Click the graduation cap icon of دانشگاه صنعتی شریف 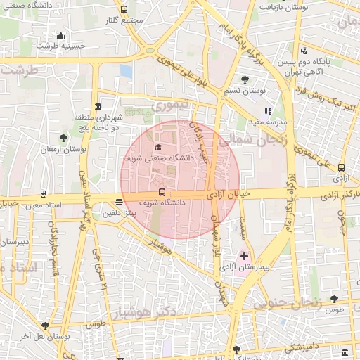[158, 147]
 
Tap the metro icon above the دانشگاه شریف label [162, 191]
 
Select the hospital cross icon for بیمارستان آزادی [244, 257]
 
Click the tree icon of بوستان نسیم [244, 79]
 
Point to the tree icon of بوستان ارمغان [65, 138]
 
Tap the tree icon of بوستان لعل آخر [46, 326]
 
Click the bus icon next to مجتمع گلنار [124, 9]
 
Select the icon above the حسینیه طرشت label [60, 34]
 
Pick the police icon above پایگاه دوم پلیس [304, 51]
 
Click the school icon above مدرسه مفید [267, 110]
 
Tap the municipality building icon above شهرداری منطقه [96, 107]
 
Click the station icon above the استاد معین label [44, 193]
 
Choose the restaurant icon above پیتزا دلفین [118, 202]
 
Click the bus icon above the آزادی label [341, 167]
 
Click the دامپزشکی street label [304, 347]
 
